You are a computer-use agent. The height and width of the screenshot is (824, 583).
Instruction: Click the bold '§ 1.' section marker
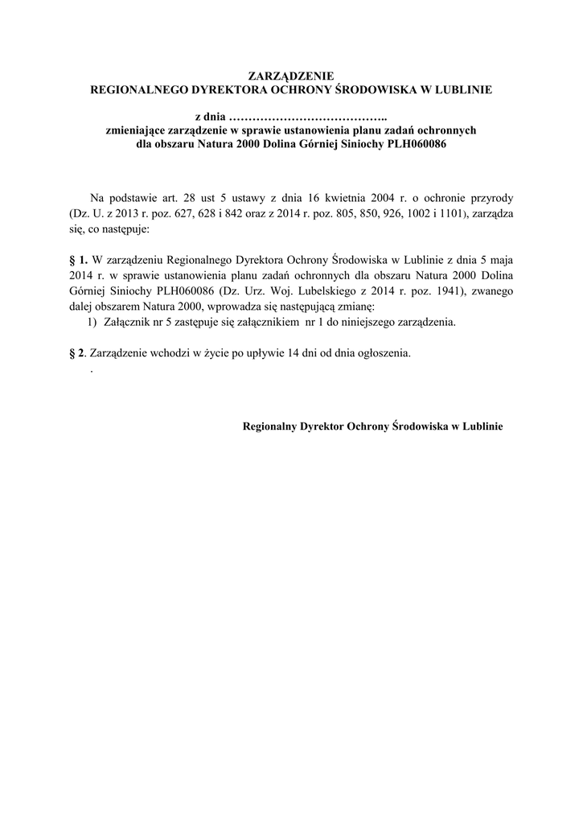pyautogui.click(x=79, y=260)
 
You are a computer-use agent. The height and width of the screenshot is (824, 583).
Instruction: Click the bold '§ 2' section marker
pyautogui.click(x=76, y=352)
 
